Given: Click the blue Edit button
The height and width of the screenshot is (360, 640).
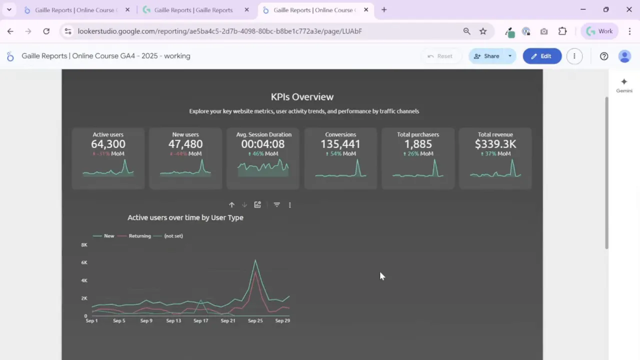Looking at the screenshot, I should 542,56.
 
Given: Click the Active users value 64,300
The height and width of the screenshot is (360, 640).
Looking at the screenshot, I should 108,144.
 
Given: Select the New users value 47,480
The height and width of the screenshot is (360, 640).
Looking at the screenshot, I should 185,144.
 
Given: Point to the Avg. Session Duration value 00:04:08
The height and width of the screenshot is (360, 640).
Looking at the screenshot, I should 263,144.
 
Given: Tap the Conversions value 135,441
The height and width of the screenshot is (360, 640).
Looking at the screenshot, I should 340,144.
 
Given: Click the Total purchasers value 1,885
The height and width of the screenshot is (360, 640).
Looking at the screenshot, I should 418,144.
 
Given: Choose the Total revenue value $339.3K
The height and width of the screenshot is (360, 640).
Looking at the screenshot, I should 495,144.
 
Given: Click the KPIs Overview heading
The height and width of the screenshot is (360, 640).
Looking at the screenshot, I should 302,97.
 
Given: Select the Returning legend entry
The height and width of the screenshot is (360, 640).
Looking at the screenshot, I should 139,236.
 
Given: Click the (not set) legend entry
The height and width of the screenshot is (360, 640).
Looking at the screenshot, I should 173,236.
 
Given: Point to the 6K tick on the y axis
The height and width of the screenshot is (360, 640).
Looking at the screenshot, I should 84,262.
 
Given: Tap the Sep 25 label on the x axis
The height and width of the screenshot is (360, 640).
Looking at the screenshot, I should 255,320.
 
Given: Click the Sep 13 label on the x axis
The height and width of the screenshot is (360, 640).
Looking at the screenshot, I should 173,320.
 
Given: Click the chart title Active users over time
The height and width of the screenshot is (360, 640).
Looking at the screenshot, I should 185,217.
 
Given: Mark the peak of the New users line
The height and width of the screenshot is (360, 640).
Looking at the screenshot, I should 255,260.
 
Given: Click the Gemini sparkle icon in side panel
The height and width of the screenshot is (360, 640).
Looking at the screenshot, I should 624,82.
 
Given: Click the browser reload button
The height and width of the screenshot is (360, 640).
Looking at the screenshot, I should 46,31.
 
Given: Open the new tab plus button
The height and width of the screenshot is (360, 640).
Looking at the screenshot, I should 384,9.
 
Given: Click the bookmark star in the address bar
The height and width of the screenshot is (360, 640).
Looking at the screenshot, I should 483,31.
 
